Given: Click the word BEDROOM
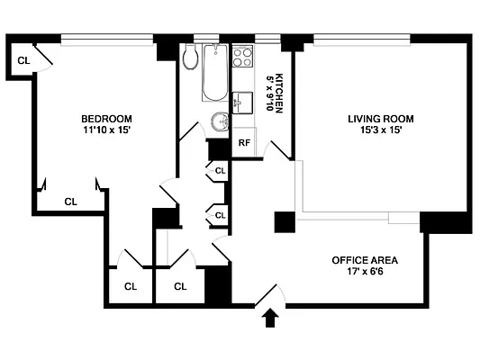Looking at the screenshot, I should tap(106, 119).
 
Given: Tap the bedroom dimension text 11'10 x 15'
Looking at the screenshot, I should tap(106, 131).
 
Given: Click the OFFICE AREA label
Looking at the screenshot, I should tap(365, 260).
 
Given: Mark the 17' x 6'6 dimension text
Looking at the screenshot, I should tap(365, 272).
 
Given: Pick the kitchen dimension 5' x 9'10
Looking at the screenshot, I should tap(268, 93).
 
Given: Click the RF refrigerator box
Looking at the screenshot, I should tap(243, 143).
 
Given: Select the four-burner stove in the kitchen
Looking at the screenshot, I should tap(243, 58).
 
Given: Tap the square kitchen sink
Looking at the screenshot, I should tap(240, 102).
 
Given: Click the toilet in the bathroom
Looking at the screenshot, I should tap(190, 58).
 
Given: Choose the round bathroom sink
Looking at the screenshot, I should tap(219, 122).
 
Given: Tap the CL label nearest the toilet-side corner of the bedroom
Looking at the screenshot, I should tap(23, 61).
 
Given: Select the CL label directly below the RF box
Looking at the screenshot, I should tap(221, 168).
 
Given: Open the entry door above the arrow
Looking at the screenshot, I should tap(269, 295).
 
